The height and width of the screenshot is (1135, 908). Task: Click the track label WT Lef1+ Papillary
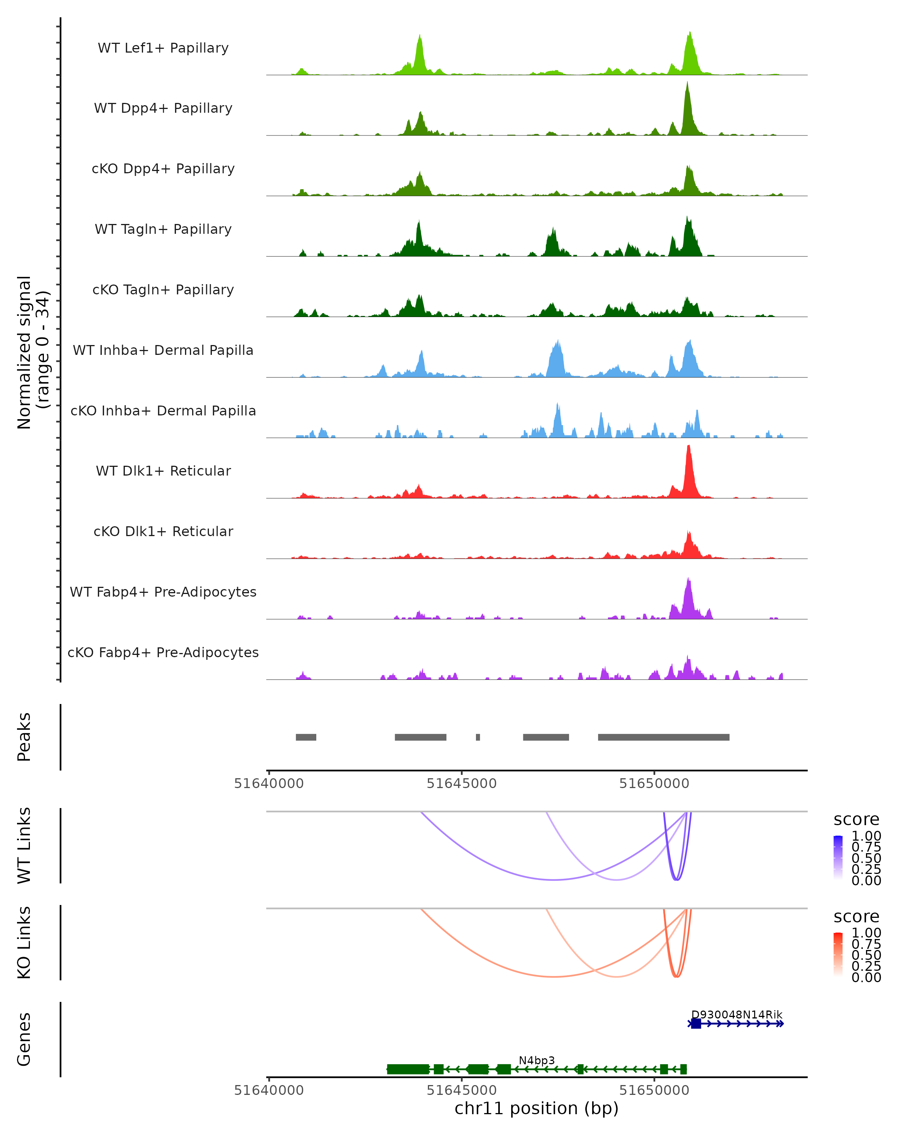pos(163,48)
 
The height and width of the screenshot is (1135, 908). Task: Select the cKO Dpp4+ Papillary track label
pos(163,169)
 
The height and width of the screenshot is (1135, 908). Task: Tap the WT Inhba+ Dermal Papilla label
pos(163,351)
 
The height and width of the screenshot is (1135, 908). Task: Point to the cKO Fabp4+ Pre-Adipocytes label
pos(163,653)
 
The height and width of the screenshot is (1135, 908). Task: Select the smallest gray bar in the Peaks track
pos(478,737)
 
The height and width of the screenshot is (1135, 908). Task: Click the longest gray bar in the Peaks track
pos(663,737)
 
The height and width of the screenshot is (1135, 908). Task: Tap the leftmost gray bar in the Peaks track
pos(306,737)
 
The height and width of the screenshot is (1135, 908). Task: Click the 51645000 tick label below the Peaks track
pos(462,784)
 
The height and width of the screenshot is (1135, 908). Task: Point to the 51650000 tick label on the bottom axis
pos(654,1090)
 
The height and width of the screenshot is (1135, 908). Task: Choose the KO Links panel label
pos(24,942)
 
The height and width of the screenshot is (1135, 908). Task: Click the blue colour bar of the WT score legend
pos(838,858)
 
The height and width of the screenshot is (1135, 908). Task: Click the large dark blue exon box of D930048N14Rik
pos(696,1023)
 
